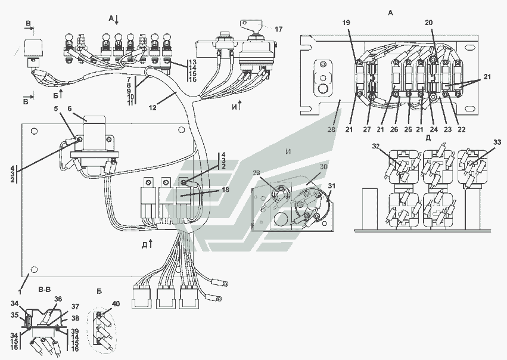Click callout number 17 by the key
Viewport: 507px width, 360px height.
[x=279, y=28]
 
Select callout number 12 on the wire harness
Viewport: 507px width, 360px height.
[x=153, y=107]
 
